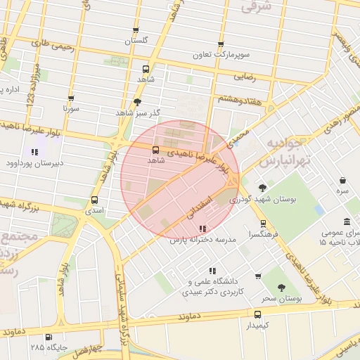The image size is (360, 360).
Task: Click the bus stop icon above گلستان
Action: click(136, 30)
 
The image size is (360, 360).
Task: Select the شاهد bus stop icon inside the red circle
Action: click(155, 150)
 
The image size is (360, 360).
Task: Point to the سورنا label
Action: click(70, 109)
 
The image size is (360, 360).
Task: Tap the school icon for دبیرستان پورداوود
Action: click(34, 152)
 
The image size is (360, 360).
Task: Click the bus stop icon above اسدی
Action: click(95, 200)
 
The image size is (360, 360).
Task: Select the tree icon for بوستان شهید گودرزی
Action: click(262, 188)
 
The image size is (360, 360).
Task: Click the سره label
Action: click(342, 191)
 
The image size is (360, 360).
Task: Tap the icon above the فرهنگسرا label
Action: click(263, 224)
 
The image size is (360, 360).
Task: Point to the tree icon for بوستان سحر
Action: click(281, 288)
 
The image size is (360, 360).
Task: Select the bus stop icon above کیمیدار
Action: click(257, 314)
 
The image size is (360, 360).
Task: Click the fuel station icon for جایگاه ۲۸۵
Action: click(48, 337)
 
